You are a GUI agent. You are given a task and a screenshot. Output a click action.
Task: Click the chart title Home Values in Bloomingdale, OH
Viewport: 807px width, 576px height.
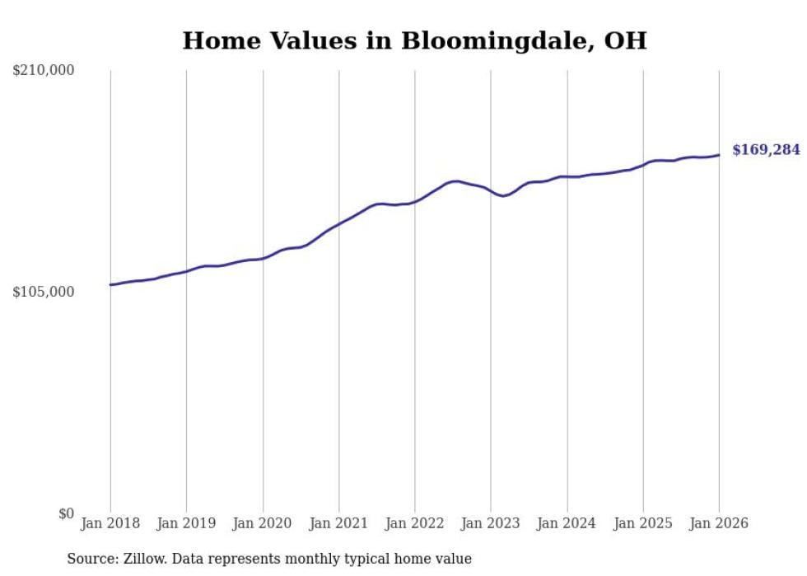coord(414,40)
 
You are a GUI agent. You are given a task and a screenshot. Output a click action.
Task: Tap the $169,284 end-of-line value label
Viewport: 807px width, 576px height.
coord(766,150)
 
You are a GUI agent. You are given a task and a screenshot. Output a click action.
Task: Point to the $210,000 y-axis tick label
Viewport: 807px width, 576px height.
coord(44,71)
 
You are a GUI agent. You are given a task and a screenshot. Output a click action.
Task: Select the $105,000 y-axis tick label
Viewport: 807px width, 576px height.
coord(44,293)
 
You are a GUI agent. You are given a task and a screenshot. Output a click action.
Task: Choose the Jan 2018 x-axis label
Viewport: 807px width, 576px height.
coord(110,523)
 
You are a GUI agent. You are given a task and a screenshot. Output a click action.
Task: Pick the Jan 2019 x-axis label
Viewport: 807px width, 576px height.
coord(186,523)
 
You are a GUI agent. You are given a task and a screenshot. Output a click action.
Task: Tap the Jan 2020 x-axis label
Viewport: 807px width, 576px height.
coord(263,523)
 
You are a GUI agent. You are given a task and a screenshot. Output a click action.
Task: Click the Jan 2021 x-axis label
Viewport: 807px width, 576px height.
coord(338,523)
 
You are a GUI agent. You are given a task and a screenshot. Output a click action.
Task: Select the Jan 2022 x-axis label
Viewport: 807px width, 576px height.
coord(415,523)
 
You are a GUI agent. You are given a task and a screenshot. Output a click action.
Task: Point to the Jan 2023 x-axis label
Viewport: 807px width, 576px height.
coord(491,523)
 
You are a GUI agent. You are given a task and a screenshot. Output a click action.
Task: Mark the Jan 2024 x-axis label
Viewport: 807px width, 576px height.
coord(567,523)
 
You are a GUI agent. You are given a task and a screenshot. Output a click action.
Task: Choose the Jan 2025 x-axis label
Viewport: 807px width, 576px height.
coord(643,523)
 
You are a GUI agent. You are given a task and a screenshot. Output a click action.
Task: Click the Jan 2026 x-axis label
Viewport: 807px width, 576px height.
coord(719,523)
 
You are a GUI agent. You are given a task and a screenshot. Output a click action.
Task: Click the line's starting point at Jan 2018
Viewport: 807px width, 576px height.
coord(110,285)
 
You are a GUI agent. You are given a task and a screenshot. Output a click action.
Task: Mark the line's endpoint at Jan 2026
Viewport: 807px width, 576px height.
coord(719,155)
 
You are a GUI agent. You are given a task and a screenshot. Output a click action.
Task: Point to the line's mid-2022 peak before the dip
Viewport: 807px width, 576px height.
coord(455,181)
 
